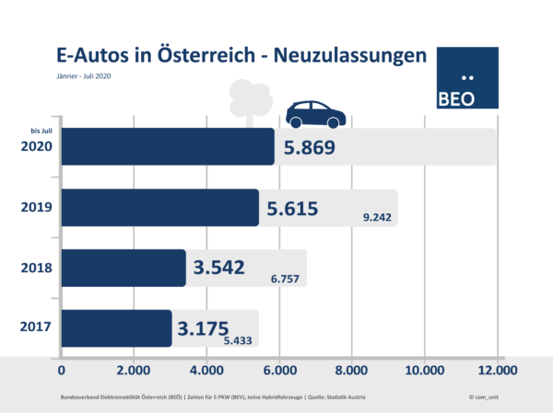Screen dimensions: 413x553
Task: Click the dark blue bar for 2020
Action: pos(168,147)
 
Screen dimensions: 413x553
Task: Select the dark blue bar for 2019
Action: pos(159,208)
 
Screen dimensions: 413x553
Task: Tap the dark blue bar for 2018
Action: pos(124,268)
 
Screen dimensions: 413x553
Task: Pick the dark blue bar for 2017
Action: pos(116,328)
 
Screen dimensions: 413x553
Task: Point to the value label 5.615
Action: pos(292,209)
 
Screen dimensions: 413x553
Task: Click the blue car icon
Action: pos(315,114)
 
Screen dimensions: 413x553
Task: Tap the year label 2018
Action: pos(35,268)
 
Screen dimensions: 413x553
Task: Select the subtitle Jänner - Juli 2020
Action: pos(84,76)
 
